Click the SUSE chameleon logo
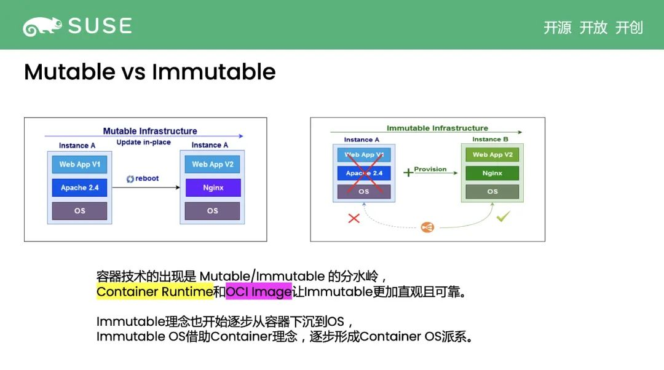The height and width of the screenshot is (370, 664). coord(42,26)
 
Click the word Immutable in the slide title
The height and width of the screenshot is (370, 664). coord(214,71)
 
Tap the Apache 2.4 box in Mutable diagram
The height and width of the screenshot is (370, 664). coord(79,187)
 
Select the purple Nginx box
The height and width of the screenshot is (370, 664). coord(213,187)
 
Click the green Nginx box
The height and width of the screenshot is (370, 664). coord(492,173)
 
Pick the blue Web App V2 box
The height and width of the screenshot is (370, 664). coord(213,164)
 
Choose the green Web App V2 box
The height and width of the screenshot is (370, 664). coord(492,154)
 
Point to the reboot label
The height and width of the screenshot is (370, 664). coord(143,179)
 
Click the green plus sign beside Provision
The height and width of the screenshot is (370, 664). coord(408,172)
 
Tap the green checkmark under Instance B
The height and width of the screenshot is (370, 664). coord(503,216)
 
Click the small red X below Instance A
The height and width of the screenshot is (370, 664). coord(354,218)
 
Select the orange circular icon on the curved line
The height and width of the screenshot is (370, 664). coord(427,227)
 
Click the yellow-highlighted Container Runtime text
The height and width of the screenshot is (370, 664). coord(155,292)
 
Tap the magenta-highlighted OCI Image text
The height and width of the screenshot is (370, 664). coord(259,292)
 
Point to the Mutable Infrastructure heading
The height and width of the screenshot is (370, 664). coord(150,132)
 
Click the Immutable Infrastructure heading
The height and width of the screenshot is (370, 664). coord(437,128)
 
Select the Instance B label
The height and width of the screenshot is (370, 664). coord(490,140)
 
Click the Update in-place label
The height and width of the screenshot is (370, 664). coord(143,142)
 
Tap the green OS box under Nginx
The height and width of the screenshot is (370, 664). coord(492,191)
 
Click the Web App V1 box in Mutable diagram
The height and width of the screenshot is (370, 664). coord(79,164)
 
